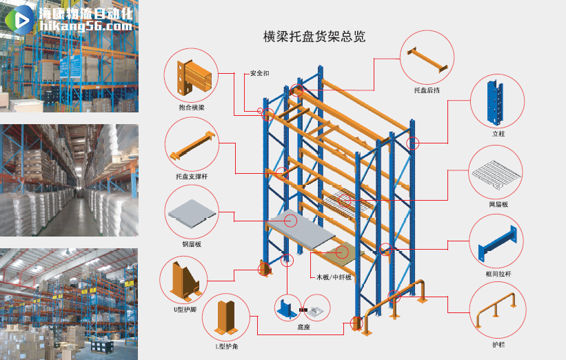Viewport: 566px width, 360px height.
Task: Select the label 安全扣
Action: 259,73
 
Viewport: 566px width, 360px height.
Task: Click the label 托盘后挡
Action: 427,90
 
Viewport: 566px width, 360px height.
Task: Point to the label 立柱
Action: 498,133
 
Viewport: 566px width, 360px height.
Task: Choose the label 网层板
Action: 498,204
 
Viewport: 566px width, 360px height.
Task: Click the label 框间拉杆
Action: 498,274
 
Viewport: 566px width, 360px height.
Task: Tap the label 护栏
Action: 498,343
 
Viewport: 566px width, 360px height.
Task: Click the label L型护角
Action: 225,346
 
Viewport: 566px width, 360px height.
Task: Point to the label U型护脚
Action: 185,310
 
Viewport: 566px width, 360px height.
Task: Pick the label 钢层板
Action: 192,243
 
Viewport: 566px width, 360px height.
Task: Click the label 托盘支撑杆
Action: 191,177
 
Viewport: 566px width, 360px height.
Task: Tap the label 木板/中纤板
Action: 334,277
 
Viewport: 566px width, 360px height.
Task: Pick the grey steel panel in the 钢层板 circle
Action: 191,212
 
